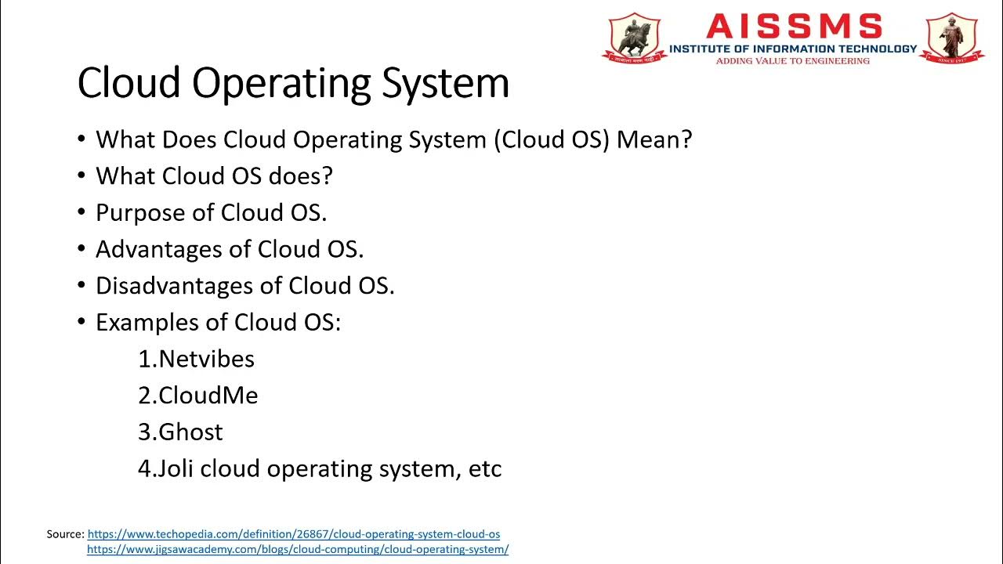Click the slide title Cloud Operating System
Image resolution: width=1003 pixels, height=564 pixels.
coord(293,83)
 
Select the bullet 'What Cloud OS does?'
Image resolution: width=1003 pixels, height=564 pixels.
coord(214,176)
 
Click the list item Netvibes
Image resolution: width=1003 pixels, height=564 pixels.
coord(206,359)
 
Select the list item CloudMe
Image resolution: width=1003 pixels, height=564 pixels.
coord(208,396)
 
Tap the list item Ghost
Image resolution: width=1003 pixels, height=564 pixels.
coord(190,432)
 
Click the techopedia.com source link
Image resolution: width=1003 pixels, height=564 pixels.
coord(293,534)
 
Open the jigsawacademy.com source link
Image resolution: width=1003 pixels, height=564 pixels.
coord(298,550)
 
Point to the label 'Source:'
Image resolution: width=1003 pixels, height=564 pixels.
coord(65,534)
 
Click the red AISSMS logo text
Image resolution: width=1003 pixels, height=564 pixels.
coord(793,27)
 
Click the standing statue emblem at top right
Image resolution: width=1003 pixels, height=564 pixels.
coord(953,37)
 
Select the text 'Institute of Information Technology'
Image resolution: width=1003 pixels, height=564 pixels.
coord(792,49)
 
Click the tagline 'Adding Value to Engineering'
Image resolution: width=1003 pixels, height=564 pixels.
coord(792,60)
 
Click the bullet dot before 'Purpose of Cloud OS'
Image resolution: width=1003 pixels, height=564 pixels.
coord(81,213)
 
